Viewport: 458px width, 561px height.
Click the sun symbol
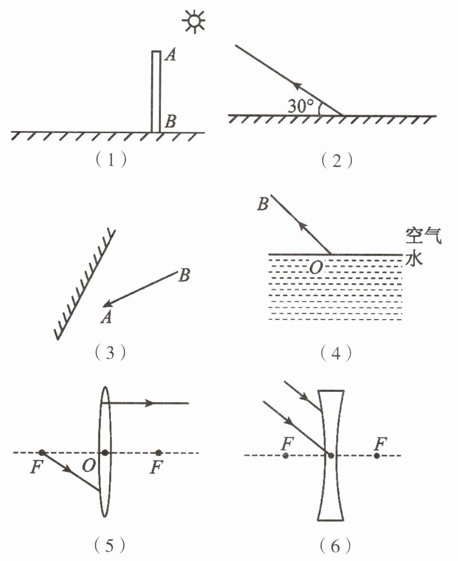pyautogui.click(x=194, y=21)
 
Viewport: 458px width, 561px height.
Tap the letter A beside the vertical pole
pyautogui.click(x=170, y=55)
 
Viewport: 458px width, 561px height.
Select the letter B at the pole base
pyautogui.click(x=170, y=122)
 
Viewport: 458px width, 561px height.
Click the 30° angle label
pyautogui.click(x=300, y=106)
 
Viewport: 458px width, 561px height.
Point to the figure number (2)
pyautogui.click(x=336, y=161)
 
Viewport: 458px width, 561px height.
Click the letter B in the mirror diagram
pyautogui.click(x=184, y=276)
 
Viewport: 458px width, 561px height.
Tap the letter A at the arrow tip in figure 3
pyautogui.click(x=106, y=317)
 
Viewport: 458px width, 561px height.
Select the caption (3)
pyautogui.click(x=110, y=353)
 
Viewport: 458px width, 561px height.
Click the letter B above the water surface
pyautogui.click(x=263, y=204)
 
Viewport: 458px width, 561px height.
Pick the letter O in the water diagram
pyautogui.click(x=315, y=267)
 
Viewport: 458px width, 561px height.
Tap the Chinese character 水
pyautogui.click(x=414, y=258)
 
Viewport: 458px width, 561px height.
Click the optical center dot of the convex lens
pyautogui.click(x=105, y=453)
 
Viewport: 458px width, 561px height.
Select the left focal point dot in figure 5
pyautogui.click(x=42, y=453)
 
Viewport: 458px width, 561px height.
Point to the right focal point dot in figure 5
pyautogui.click(x=159, y=453)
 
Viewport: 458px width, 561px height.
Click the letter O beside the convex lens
pyautogui.click(x=89, y=465)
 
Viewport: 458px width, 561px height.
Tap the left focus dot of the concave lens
pyautogui.click(x=286, y=456)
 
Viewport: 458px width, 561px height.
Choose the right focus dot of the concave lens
pyautogui.click(x=377, y=456)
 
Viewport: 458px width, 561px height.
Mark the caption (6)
pyautogui.click(x=336, y=546)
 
